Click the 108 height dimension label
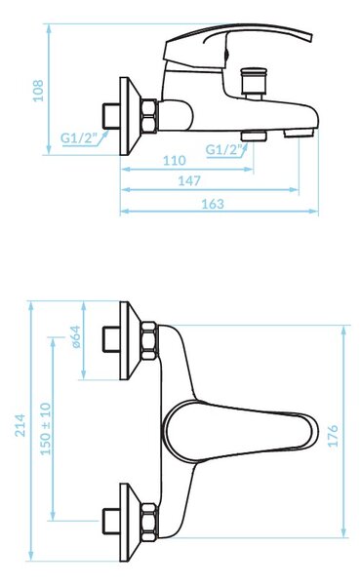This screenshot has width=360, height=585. (x=38, y=91)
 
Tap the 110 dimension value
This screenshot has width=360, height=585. (x=175, y=161)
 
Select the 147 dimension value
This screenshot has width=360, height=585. (x=189, y=181)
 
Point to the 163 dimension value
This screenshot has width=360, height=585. (x=213, y=204)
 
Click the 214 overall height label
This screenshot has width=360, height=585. (x=20, y=425)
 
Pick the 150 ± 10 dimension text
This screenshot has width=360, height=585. (x=46, y=429)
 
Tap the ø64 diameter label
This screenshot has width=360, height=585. (x=76, y=336)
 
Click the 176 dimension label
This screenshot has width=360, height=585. (x=333, y=436)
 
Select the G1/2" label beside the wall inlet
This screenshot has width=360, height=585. (x=79, y=138)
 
